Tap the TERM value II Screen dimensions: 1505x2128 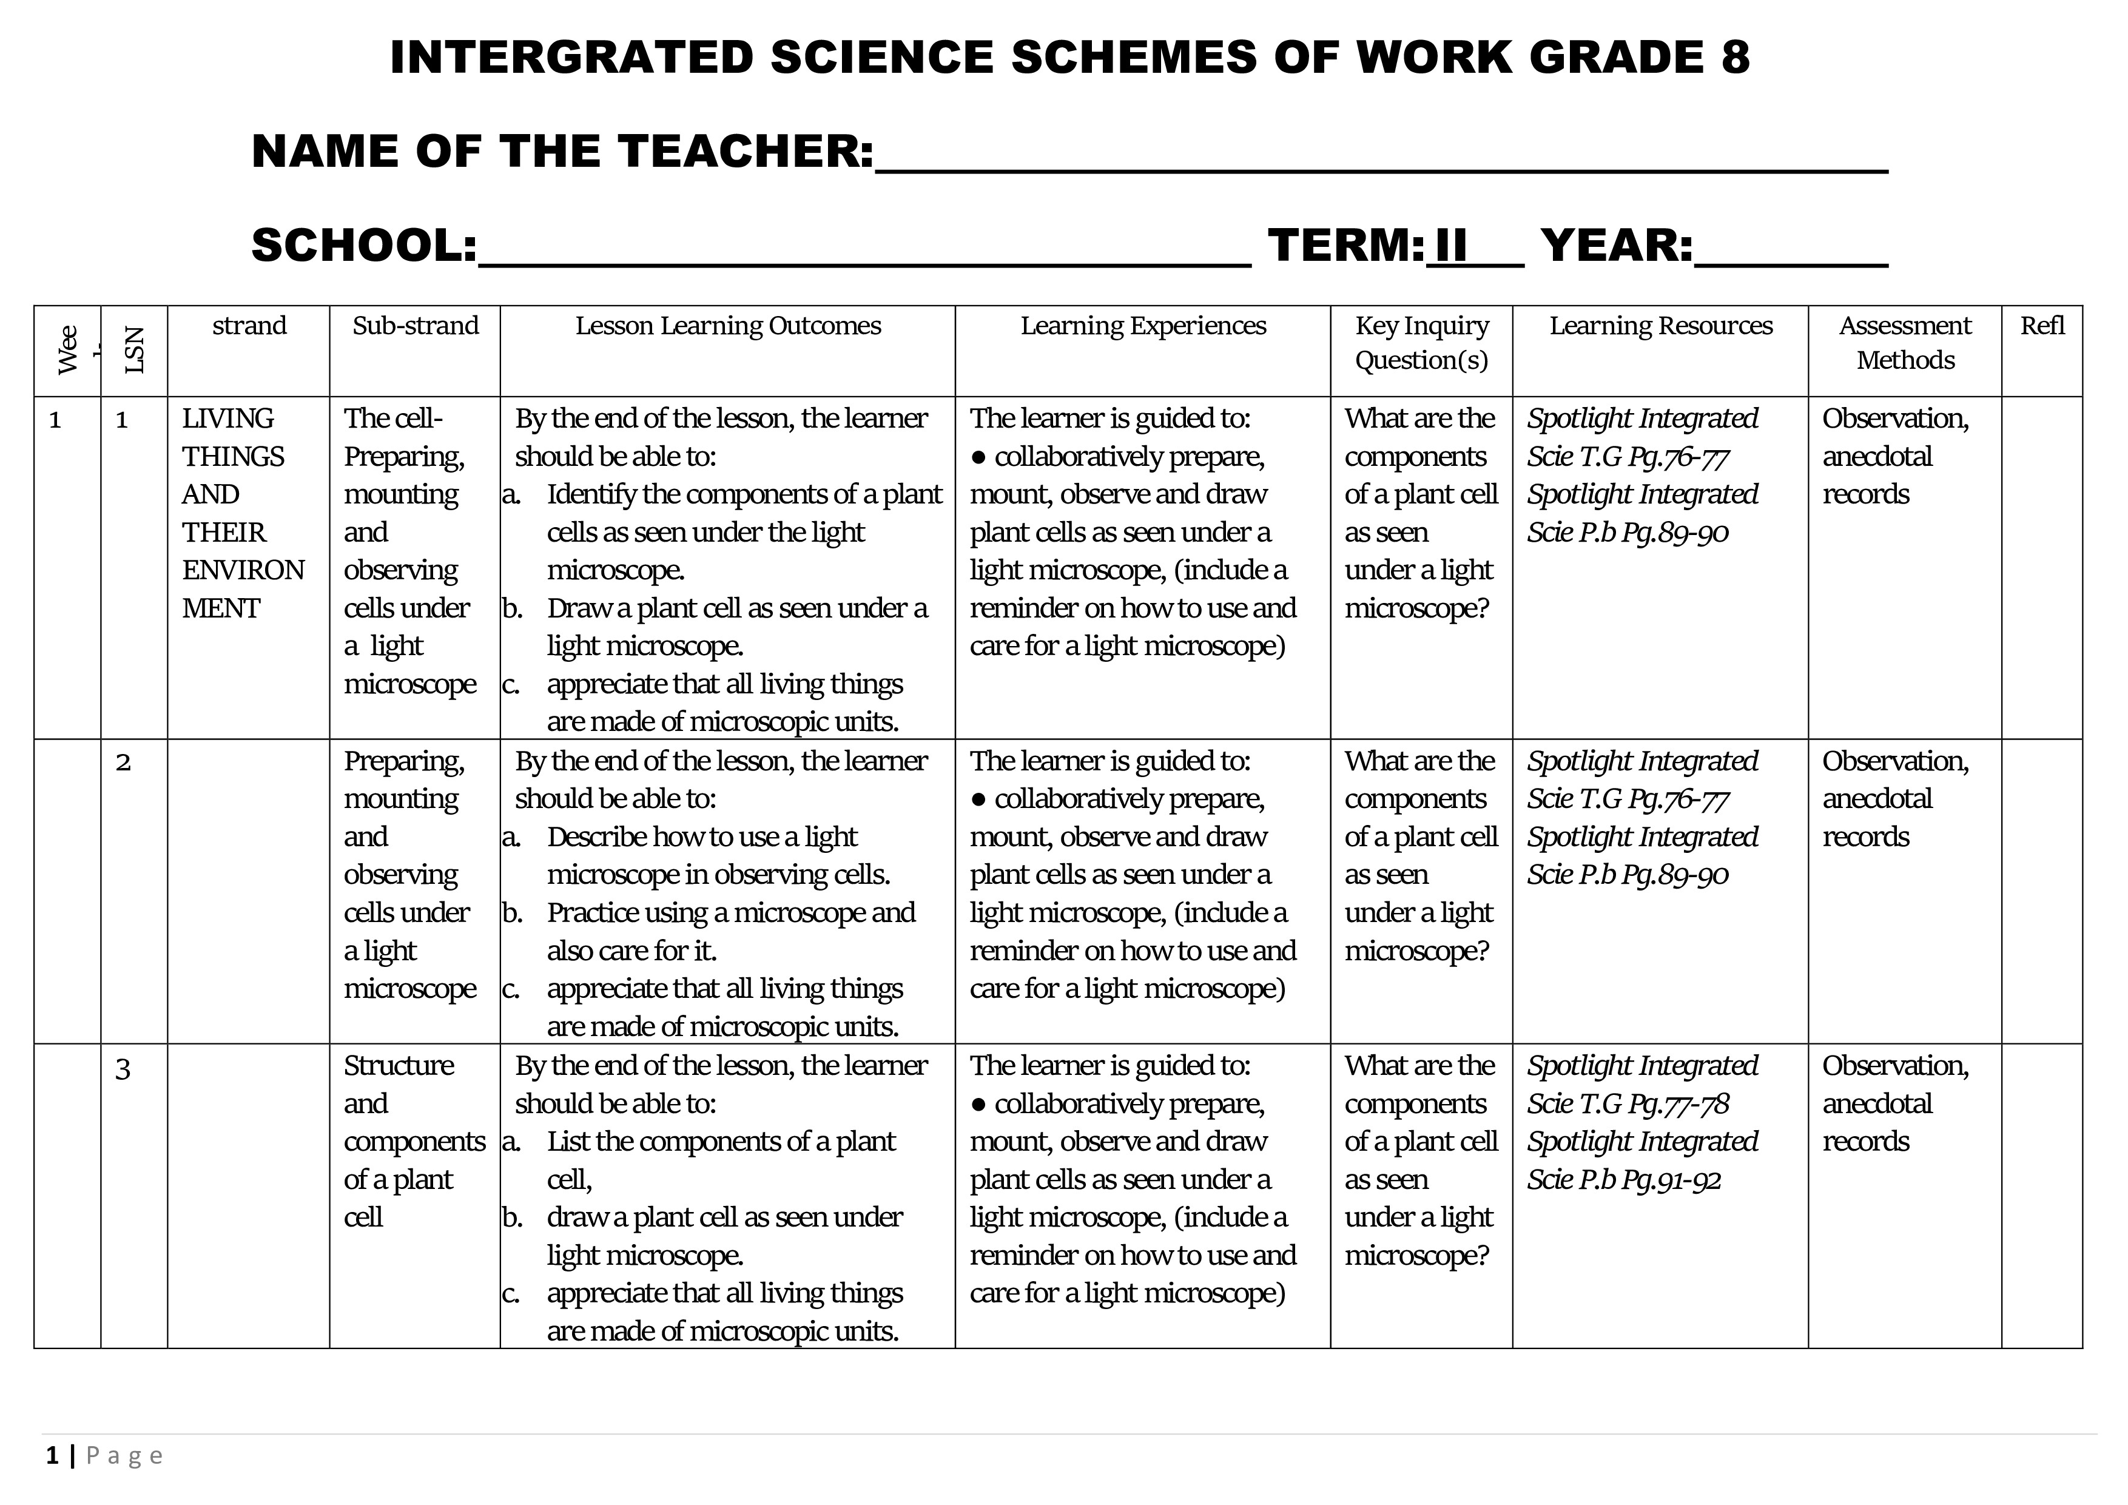(x=1452, y=246)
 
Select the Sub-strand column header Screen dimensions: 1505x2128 (x=415, y=326)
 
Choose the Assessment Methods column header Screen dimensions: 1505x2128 (x=1905, y=343)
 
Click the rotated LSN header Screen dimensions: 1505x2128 (x=135, y=350)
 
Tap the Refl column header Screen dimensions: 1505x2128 (x=2042, y=326)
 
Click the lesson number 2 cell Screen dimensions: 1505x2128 (x=123, y=763)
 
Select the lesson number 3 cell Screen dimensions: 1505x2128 (x=123, y=1068)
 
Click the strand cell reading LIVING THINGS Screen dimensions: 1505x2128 (x=232, y=437)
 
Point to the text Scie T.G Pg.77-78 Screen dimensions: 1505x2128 (x=1628, y=1104)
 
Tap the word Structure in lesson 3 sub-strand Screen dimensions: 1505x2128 (x=399, y=1066)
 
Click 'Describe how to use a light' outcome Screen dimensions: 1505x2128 (x=702, y=837)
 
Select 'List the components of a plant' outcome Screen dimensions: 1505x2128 (x=721, y=1141)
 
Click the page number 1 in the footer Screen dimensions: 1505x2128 (x=52, y=1456)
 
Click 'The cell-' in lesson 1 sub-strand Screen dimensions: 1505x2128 (x=393, y=419)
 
